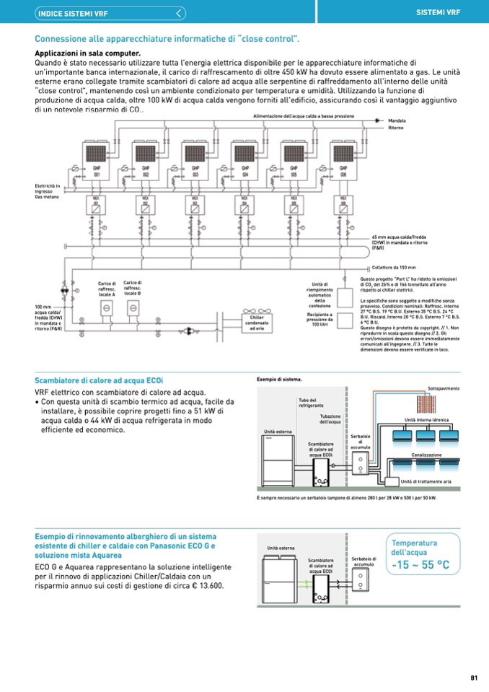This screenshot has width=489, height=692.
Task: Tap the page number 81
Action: click(474, 677)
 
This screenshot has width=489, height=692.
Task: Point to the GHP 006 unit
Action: click(342, 158)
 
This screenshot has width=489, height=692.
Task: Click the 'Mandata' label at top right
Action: click(397, 121)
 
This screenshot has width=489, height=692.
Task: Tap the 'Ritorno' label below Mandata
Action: click(396, 128)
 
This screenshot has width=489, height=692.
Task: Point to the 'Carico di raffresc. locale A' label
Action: click(107, 289)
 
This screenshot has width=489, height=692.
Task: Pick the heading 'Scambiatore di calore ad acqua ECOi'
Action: click(99, 380)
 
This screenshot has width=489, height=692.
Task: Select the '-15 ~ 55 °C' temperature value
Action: click(420, 564)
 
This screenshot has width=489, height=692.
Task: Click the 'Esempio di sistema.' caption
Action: click(279, 379)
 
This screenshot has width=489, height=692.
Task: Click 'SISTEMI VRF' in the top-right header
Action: click(439, 12)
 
